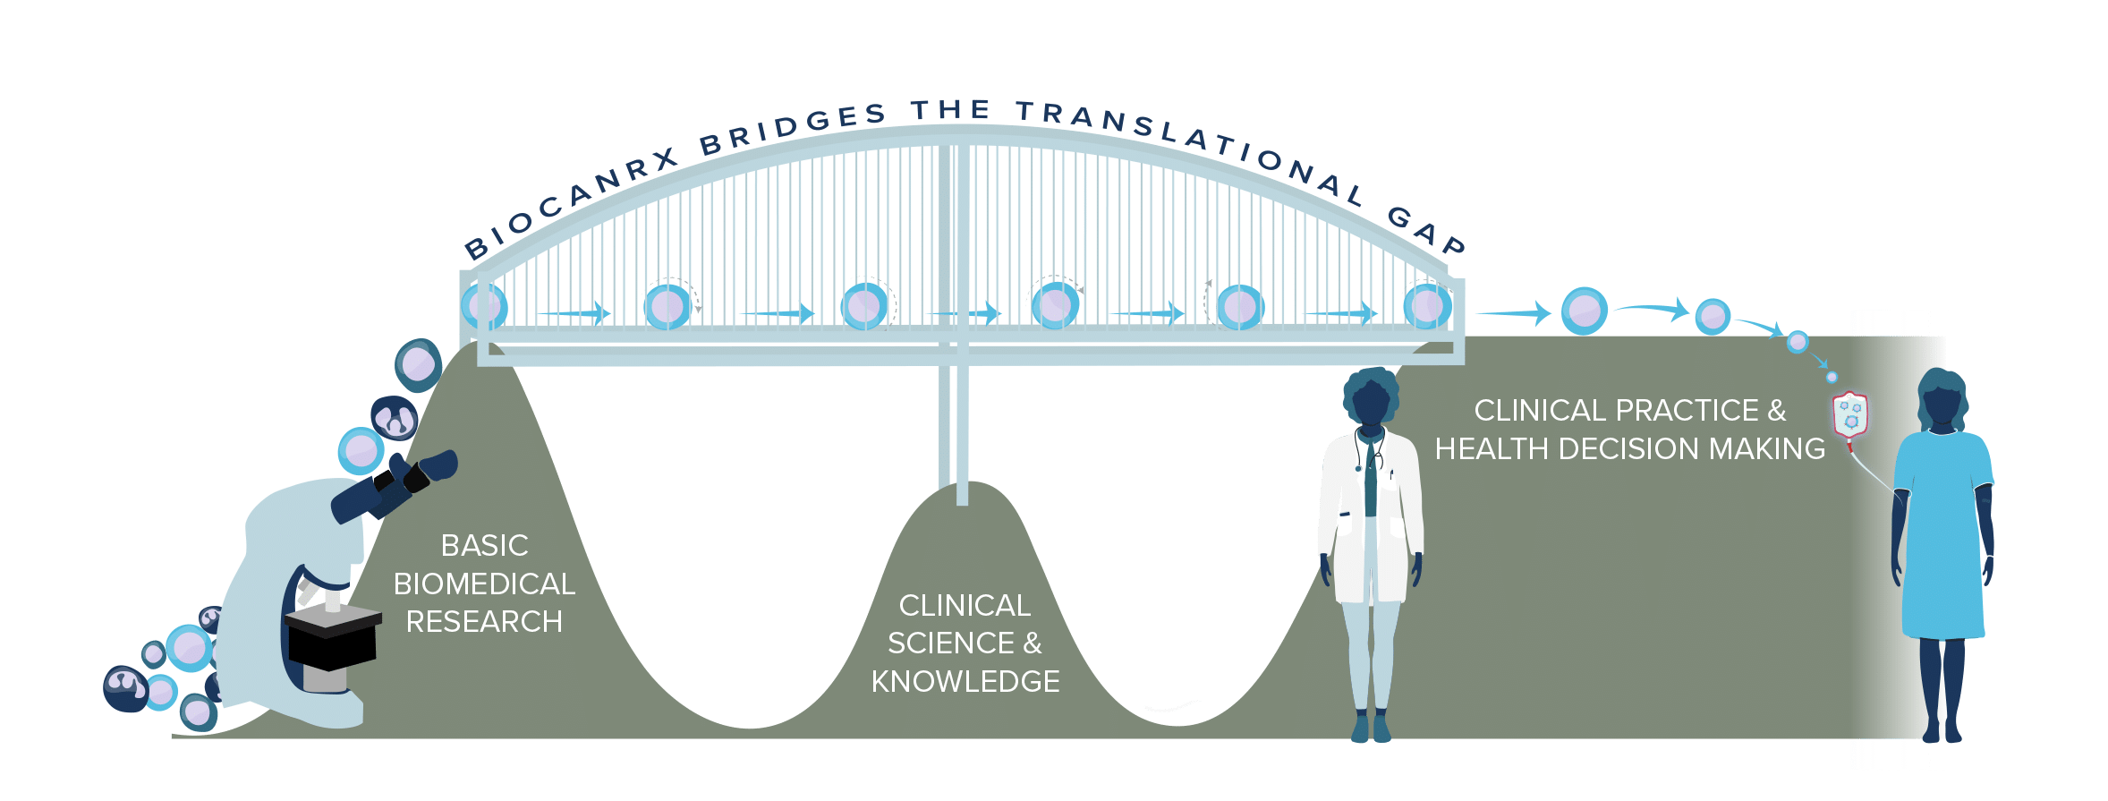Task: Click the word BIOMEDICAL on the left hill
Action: click(484, 584)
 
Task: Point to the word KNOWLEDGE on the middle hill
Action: click(965, 681)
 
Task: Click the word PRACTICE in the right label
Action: click(1673, 410)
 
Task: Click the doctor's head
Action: click(1370, 398)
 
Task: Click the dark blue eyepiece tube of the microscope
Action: click(394, 488)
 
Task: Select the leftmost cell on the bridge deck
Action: click(485, 305)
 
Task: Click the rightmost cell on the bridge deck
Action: click(1426, 305)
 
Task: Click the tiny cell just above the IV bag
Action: click(1832, 377)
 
